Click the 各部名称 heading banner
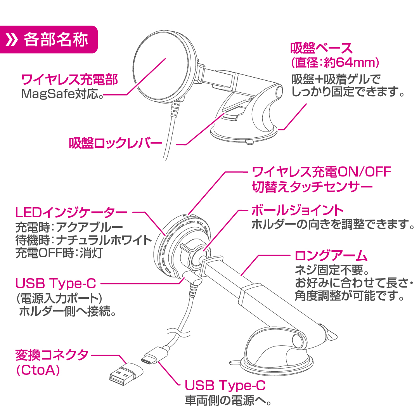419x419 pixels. point(48,40)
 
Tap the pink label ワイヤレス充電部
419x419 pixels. point(69,80)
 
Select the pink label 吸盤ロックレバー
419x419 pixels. point(115,143)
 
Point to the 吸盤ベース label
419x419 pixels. point(322,48)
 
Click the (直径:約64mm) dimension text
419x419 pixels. point(334,62)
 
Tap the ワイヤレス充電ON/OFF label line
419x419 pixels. point(322,171)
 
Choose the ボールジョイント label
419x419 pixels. point(298,210)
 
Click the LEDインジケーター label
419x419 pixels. point(71,213)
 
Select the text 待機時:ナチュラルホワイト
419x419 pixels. point(83,240)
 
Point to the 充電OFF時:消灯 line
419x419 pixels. point(59,253)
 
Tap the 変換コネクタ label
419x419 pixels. point(52,355)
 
